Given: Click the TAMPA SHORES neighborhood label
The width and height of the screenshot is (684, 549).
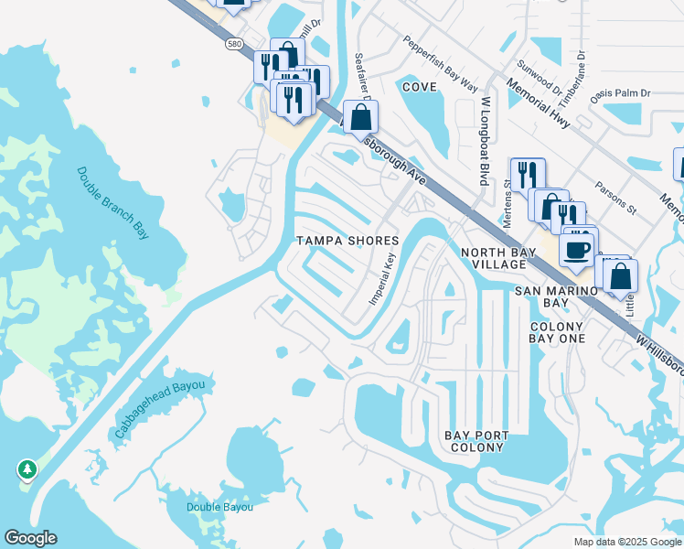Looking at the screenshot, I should [347, 241].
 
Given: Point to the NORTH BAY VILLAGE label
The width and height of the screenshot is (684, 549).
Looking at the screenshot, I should [494, 258].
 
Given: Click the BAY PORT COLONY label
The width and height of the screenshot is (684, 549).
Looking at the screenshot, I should [476, 441].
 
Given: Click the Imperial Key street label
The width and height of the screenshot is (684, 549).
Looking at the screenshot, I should [383, 278].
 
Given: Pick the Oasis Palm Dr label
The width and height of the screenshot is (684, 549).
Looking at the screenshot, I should [619, 93].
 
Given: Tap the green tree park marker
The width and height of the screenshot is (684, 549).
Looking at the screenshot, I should [27, 469].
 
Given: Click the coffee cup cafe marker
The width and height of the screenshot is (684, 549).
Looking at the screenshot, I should [577, 249].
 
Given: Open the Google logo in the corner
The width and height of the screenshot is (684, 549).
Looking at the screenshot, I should [30, 538].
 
